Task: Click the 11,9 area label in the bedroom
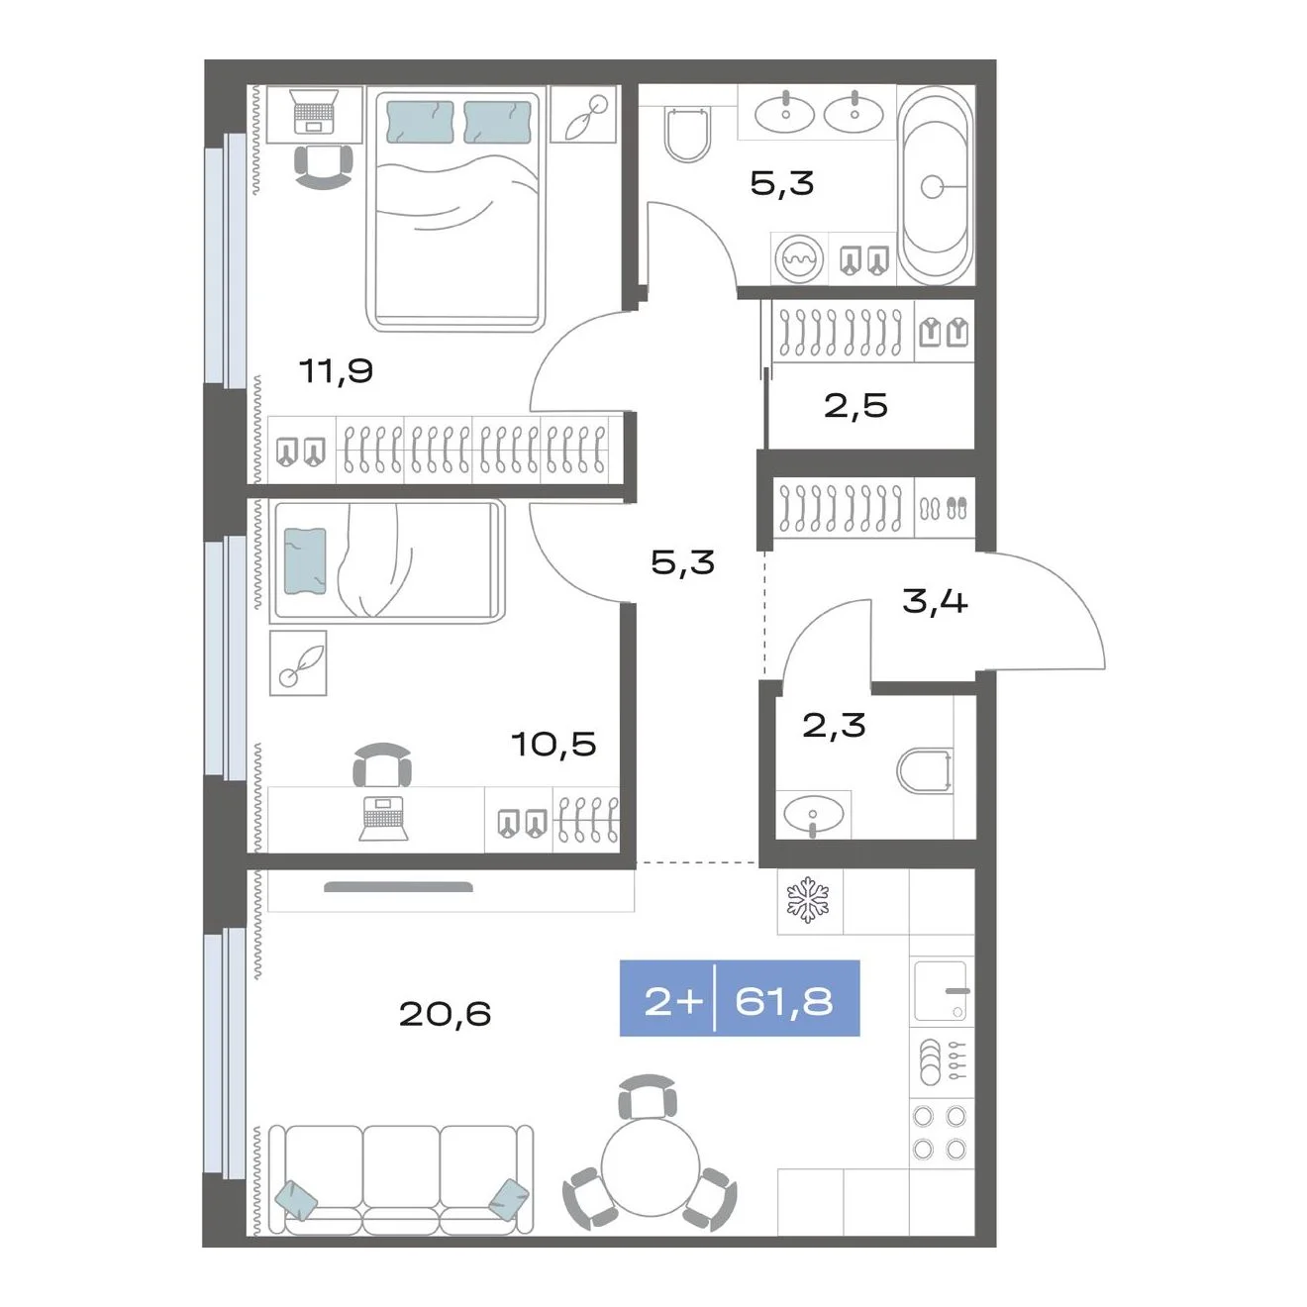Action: (336, 371)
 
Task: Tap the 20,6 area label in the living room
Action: (445, 1014)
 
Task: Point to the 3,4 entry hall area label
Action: (934, 601)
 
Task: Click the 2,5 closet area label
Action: (855, 406)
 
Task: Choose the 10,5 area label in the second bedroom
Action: (553, 744)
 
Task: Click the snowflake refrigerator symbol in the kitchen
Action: (808, 900)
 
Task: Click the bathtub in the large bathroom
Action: (936, 185)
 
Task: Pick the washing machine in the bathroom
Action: (800, 258)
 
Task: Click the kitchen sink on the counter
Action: (940, 990)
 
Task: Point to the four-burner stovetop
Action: (940, 1132)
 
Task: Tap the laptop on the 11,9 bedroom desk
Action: (313, 111)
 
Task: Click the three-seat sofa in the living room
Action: (400, 1180)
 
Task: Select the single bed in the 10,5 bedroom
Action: (386, 561)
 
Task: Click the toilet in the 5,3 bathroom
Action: (687, 134)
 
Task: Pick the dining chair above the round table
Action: (648, 1097)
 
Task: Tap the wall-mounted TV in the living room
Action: (398, 886)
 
